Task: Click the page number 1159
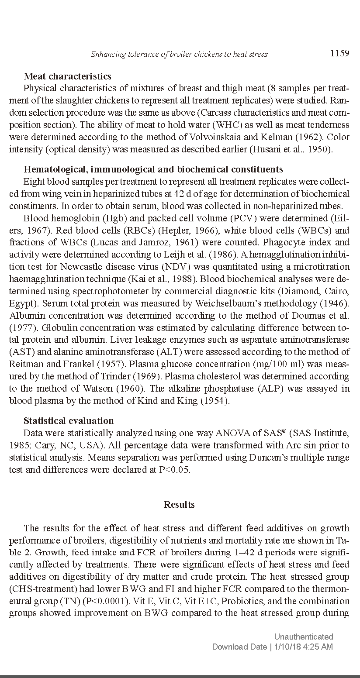point(339,53)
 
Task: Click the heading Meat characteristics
point(67,77)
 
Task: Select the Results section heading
point(179,505)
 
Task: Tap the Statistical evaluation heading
point(69,421)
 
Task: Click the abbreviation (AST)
point(20,352)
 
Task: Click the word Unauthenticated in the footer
point(303,637)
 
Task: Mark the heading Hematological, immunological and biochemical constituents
point(153,169)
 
